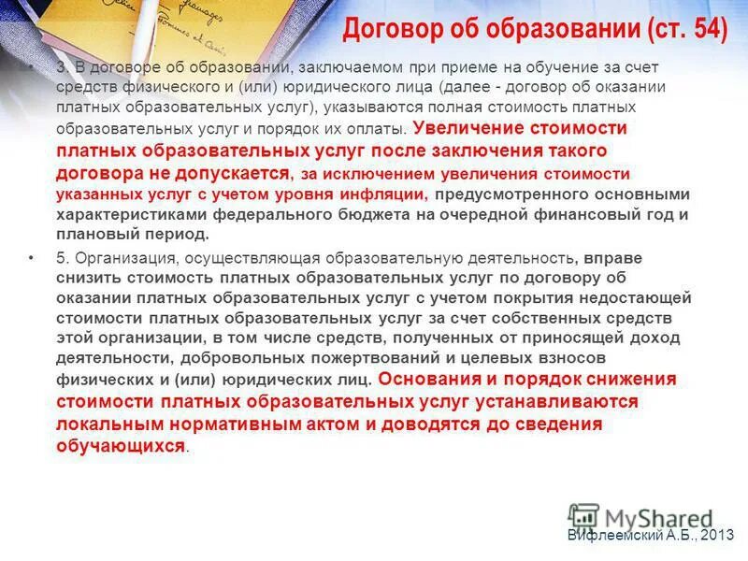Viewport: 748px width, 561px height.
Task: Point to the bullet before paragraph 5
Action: (34, 258)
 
